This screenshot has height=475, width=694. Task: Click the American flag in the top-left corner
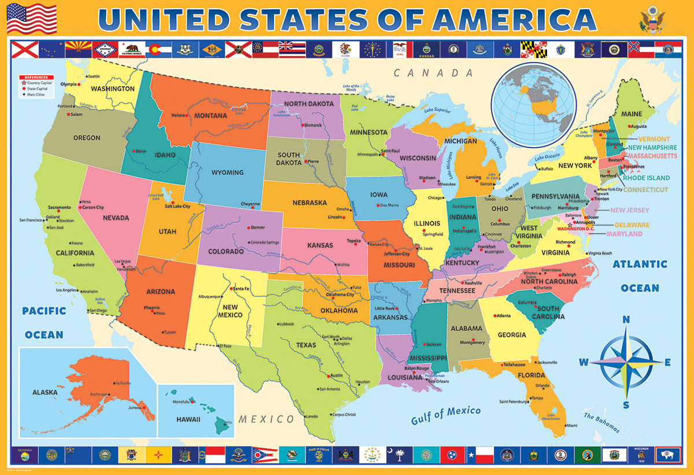tap(31, 19)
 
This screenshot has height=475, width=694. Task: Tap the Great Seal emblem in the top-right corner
tap(652, 19)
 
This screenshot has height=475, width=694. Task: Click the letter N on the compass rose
tap(626, 320)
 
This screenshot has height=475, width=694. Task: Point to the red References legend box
tap(36, 77)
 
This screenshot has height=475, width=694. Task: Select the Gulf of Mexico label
tap(445, 415)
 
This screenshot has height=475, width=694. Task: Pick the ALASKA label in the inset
tap(45, 392)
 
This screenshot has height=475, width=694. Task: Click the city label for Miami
tap(571, 425)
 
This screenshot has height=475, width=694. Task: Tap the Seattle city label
tap(93, 76)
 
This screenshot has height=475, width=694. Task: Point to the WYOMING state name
tap(227, 172)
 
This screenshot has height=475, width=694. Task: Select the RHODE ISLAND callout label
tap(645, 178)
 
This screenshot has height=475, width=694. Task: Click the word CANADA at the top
tap(434, 73)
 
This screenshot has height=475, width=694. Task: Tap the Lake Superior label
tap(437, 110)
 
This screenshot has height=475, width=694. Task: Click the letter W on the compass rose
tap(584, 363)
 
